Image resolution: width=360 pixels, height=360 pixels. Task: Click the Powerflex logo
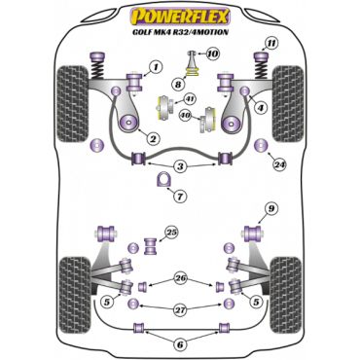(179, 17)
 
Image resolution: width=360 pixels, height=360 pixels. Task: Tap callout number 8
(179, 85)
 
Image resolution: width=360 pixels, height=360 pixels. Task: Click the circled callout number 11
(271, 42)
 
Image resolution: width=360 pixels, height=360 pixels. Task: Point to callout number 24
(280, 163)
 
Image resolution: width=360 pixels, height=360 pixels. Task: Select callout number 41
(189, 99)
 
